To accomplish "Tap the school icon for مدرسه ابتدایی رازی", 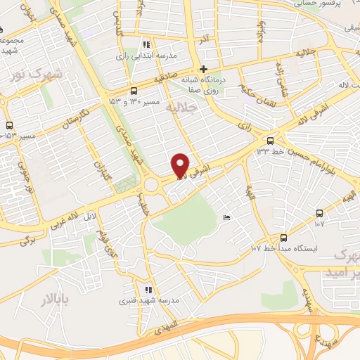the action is point(146,44).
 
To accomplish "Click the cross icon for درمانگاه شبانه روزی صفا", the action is point(203,69).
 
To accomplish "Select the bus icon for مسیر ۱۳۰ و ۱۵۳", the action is point(134,91).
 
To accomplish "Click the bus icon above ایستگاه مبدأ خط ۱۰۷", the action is point(284,238).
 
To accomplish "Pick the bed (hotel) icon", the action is point(225,219).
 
